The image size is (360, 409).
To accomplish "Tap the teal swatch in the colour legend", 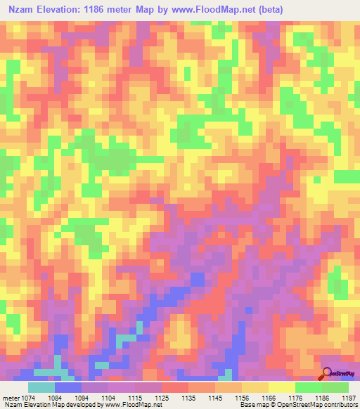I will point(41,387).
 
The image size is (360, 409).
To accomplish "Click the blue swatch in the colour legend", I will point(68,387).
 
